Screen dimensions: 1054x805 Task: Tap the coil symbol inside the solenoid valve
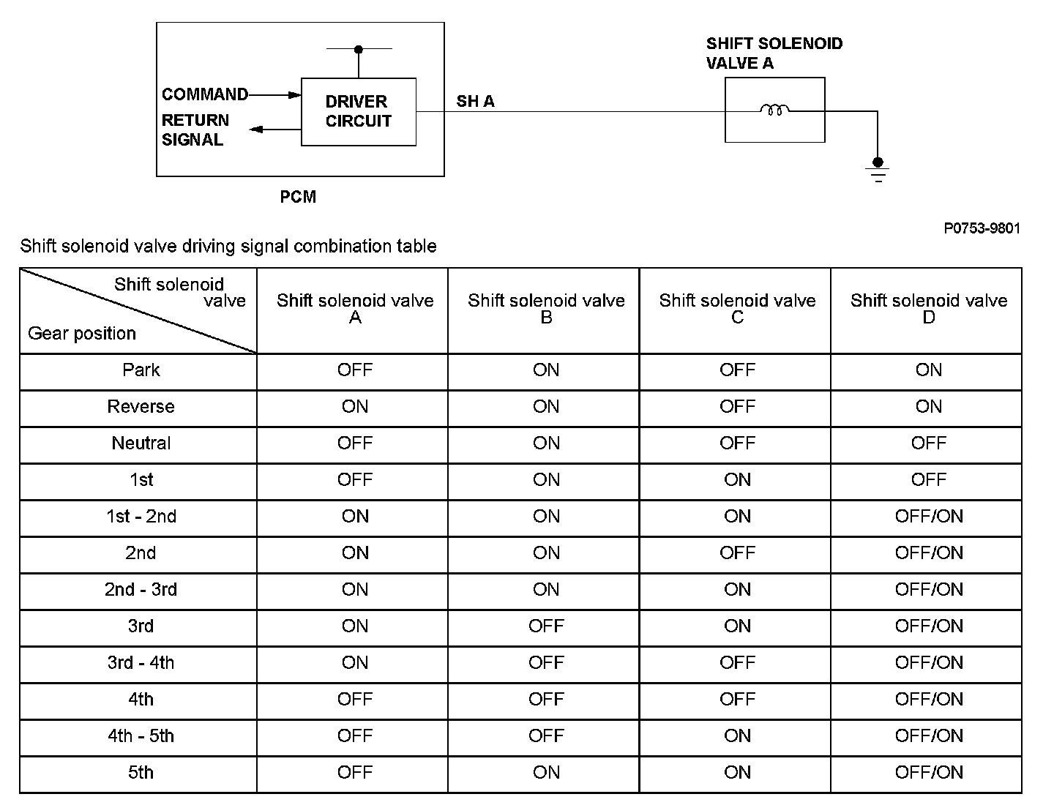[x=774, y=110]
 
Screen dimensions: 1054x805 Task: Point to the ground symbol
[x=878, y=170]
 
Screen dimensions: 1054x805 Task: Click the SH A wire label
[x=475, y=101]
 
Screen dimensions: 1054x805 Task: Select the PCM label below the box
[x=298, y=197]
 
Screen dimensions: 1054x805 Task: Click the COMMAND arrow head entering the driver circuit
[x=294, y=95]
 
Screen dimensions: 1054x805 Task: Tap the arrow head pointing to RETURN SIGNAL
[x=256, y=129]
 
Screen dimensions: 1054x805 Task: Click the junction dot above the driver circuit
[x=358, y=49]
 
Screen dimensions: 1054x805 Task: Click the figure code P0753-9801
[x=982, y=228]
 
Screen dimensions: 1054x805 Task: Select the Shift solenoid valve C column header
[x=737, y=309]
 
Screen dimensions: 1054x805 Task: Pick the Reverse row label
[x=141, y=407]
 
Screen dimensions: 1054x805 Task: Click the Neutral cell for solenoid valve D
[x=928, y=443]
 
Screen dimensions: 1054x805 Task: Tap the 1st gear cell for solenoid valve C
[x=737, y=479]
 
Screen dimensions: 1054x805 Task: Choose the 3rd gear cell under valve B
[x=546, y=626]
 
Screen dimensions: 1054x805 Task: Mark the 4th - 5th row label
[x=141, y=736]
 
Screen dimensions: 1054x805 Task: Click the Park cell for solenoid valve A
[x=355, y=370]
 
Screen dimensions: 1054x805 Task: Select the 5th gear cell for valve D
[x=929, y=772]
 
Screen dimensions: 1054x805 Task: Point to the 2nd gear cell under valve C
[x=737, y=553]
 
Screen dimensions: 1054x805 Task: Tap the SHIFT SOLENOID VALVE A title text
[x=774, y=53]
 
